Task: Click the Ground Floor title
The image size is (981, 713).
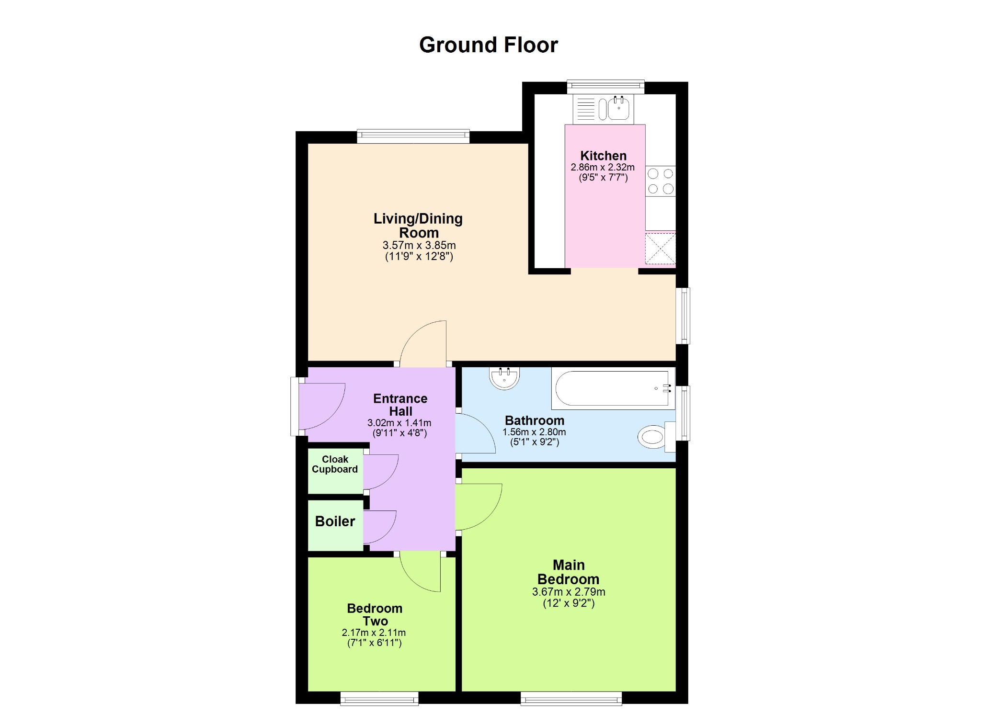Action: click(489, 45)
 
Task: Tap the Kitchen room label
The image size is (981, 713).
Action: click(603, 156)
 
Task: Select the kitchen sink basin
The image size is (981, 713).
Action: click(618, 108)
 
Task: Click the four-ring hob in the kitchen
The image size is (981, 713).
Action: click(661, 181)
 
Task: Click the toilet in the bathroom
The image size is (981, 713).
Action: click(656, 436)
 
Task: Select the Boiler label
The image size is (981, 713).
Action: click(335, 521)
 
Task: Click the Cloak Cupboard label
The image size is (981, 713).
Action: click(335, 464)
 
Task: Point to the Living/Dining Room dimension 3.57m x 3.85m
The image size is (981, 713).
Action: click(419, 245)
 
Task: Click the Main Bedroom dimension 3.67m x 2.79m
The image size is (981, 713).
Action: click(569, 592)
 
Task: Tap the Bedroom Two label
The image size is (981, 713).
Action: click(375, 614)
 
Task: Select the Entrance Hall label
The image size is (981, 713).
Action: click(400, 405)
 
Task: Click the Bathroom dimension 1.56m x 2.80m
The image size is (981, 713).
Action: click(534, 432)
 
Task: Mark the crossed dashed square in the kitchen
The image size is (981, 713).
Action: click(661, 249)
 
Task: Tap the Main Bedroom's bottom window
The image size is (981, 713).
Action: click(571, 698)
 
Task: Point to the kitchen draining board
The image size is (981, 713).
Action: click(585, 108)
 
